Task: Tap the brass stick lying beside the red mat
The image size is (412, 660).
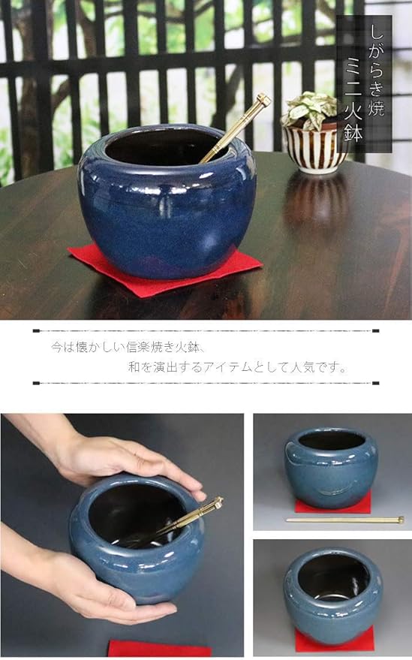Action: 345,520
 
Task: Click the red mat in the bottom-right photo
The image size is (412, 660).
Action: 334,640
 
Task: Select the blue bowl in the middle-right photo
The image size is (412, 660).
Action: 330,466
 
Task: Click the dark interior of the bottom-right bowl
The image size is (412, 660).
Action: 332,577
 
